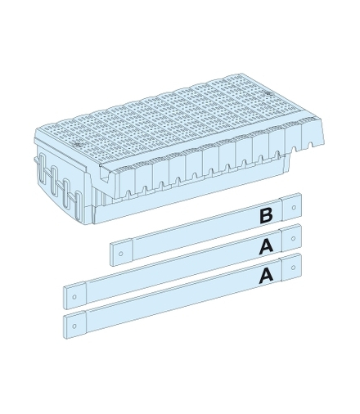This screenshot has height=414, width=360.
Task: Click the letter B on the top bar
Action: [x=266, y=216]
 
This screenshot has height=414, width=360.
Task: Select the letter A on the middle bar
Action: [x=267, y=246]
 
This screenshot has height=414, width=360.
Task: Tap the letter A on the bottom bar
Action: [x=267, y=275]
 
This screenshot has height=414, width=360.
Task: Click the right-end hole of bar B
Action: [x=294, y=208]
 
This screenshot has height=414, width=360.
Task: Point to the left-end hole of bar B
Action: [x=121, y=254]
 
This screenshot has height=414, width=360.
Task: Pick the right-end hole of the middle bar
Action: [x=294, y=239]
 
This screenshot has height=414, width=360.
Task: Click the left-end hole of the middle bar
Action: [x=74, y=297]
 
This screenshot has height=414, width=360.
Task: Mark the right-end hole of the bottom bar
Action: [x=294, y=267]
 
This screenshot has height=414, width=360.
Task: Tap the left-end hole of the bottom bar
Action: [x=74, y=326]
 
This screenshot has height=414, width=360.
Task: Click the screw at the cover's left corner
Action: [x=78, y=143]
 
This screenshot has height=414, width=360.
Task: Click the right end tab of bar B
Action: [x=292, y=208]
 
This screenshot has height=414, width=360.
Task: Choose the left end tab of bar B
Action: [x=122, y=253]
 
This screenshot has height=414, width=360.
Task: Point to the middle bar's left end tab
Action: [x=75, y=296]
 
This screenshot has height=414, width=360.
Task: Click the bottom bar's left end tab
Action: [x=75, y=325]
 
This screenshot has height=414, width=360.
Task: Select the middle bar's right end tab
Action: [x=292, y=239]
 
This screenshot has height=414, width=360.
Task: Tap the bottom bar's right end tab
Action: [x=292, y=268]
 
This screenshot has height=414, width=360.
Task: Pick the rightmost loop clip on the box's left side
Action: [x=79, y=202]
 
